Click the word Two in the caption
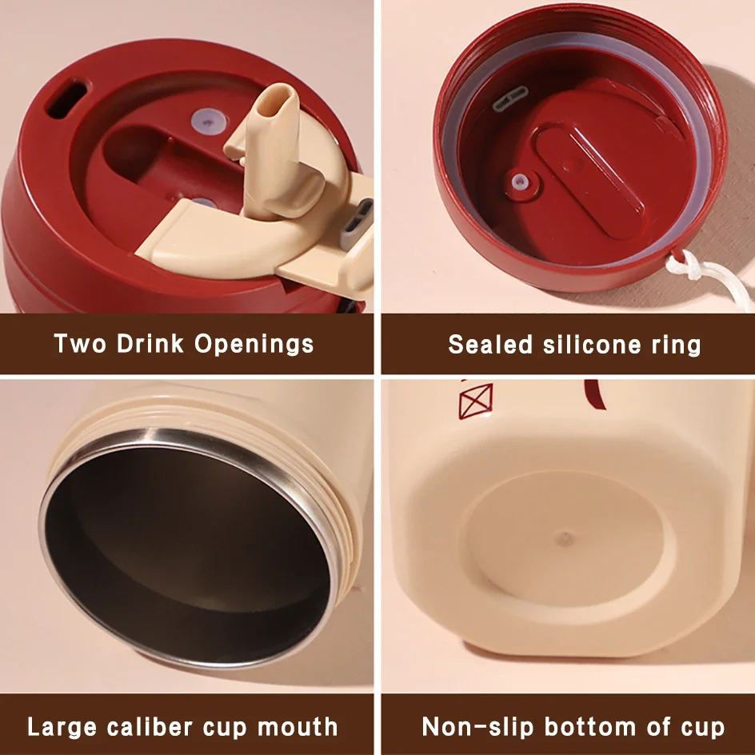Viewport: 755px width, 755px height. pos(79,343)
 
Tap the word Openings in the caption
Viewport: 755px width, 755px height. pos(254,345)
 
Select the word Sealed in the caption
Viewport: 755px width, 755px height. pos(490,344)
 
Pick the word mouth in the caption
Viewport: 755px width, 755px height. pos(298,726)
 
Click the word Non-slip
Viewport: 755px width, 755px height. pos(477,726)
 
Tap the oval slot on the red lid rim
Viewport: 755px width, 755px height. pos(67,99)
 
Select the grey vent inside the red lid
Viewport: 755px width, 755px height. pos(510,98)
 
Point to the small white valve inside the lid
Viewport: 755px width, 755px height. pos(519,182)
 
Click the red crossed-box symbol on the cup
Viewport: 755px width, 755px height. pos(476,401)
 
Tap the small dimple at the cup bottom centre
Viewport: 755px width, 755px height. pos(565,537)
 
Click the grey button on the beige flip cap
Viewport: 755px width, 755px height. pos(358,223)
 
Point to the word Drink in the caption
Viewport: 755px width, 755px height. pos(150,343)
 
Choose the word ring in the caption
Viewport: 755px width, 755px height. pos(677,346)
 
